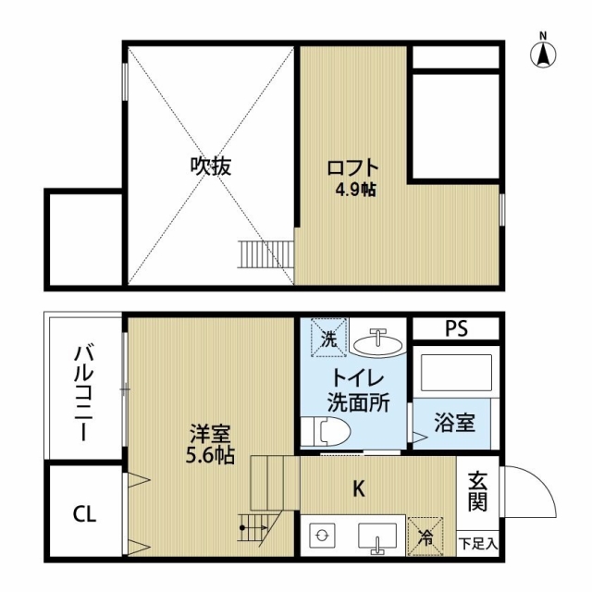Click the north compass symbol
pos(543,54)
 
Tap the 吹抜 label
pos(210,166)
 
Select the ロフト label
pos(352,168)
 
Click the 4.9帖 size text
pos(355,190)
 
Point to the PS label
pos(456,328)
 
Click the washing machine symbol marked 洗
pos(328,337)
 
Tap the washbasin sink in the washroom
pos(377,341)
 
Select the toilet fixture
pos(327,432)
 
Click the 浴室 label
pos(454,422)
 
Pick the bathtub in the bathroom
pos(456,373)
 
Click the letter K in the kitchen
pos(358,489)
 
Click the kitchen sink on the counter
pos(377,536)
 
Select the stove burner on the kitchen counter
pos(322,536)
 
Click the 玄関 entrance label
pos(477,491)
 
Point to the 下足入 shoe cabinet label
pos(478,544)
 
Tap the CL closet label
pos(84,513)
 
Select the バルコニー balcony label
pos(84,392)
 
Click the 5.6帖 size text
pos(210,455)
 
